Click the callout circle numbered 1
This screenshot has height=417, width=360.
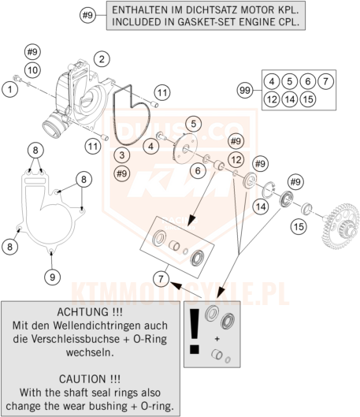[9, 89]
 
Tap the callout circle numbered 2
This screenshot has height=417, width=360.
[102, 59]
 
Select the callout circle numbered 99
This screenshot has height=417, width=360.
[245, 91]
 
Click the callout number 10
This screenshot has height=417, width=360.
[32, 70]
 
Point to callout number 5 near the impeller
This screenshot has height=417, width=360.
[194, 124]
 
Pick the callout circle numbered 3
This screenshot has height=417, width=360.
[122, 155]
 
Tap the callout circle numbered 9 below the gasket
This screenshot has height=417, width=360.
[52, 277]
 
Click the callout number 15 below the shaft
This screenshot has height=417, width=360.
[299, 226]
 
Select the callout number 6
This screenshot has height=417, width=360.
[198, 170]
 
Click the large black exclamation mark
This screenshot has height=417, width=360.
[195, 331]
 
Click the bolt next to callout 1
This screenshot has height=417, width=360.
[18, 78]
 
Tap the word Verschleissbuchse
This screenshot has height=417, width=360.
[75, 339]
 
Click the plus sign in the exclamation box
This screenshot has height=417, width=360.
[217, 339]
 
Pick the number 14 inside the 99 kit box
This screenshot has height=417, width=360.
[290, 99]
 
